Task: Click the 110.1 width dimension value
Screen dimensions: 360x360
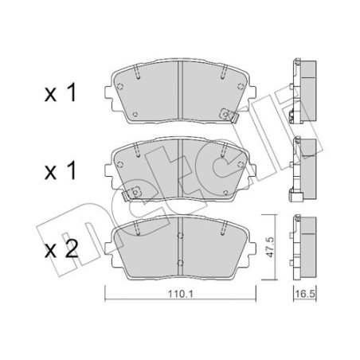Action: coord(181,294)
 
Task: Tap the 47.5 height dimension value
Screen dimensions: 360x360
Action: coord(270,247)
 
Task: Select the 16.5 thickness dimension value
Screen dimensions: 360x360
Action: coord(305,294)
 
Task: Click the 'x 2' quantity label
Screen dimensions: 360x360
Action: coord(61,249)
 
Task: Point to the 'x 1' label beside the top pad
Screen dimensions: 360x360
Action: coord(61,92)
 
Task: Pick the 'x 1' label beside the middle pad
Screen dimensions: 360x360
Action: coord(61,170)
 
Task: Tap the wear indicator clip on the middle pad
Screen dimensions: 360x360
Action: coord(132,193)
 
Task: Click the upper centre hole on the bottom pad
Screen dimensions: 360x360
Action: coord(180,236)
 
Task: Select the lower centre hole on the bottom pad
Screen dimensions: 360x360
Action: coord(180,263)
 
